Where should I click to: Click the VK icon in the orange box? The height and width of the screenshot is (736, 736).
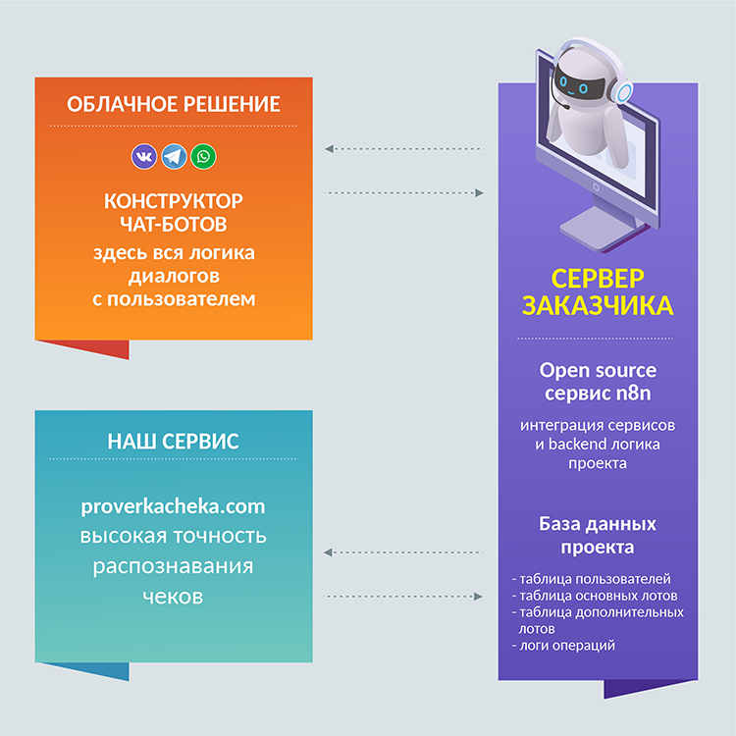tap(144, 156)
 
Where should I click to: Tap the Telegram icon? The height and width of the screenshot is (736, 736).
tap(174, 156)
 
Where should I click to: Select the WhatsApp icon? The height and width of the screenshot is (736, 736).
tap(204, 156)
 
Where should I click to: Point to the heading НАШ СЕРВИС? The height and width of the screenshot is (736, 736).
tap(173, 441)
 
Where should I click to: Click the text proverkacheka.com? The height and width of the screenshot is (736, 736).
tap(174, 507)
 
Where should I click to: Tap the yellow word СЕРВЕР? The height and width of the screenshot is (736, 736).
tap(598, 277)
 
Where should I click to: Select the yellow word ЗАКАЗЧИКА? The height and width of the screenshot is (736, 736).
tap(598, 305)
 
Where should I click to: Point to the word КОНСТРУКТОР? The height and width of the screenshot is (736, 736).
tap(174, 201)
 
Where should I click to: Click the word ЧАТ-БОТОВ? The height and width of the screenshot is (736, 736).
tap(174, 225)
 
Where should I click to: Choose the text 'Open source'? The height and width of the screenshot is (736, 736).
tap(598, 370)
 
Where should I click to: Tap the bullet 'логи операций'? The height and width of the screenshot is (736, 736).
tap(566, 645)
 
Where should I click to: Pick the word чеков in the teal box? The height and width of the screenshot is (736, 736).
tap(174, 596)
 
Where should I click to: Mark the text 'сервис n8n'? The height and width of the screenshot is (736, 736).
tap(598, 394)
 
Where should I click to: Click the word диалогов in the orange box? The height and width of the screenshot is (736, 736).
tap(174, 276)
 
